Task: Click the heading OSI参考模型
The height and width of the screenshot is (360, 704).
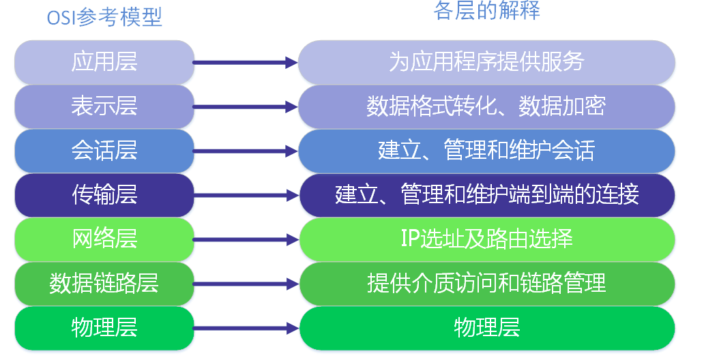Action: pyautogui.click(x=104, y=17)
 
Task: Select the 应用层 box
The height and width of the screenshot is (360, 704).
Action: pyautogui.click(x=104, y=62)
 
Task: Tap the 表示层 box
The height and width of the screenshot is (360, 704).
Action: pyautogui.click(x=104, y=106)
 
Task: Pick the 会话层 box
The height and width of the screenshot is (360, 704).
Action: pyautogui.click(x=104, y=151)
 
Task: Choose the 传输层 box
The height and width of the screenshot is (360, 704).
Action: pyautogui.click(x=104, y=195)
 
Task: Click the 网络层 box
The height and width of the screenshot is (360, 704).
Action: pyautogui.click(x=104, y=239)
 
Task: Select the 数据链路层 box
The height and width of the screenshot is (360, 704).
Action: pyautogui.click(x=104, y=283)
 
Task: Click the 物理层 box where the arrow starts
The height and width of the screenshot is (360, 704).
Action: pyautogui.click(x=104, y=327)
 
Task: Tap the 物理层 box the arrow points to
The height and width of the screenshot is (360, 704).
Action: pyautogui.click(x=487, y=327)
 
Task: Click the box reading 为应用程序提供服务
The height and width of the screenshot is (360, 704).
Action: pyautogui.click(x=487, y=62)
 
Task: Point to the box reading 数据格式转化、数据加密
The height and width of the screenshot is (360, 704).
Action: pyautogui.click(x=487, y=106)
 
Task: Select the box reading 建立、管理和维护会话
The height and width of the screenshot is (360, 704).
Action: pyautogui.click(x=487, y=151)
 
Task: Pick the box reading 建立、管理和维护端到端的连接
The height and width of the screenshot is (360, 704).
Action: pyautogui.click(x=487, y=195)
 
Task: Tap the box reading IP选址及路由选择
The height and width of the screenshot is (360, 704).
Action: pyautogui.click(x=487, y=239)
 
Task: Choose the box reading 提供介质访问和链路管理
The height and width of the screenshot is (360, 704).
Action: pyautogui.click(x=487, y=283)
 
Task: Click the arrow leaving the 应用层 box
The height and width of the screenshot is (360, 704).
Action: pyautogui.click(x=246, y=63)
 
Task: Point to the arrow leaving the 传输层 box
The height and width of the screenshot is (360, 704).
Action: pyautogui.click(x=246, y=196)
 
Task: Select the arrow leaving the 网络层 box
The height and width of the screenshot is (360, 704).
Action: pyautogui.click(x=246, y=239)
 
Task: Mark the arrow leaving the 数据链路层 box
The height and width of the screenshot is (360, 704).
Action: pyautogui.click(x=246, y=284)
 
